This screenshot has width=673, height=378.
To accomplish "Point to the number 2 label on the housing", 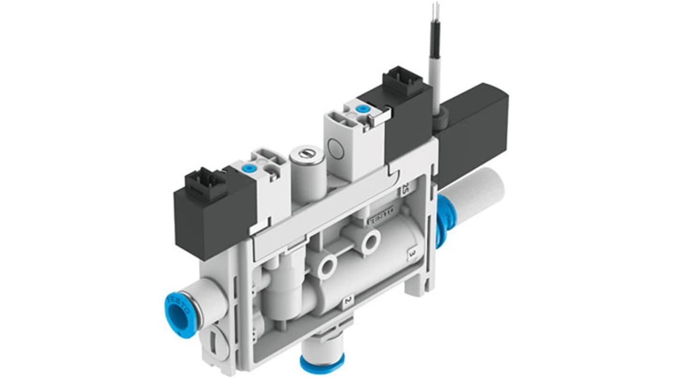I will click(348, 301).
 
